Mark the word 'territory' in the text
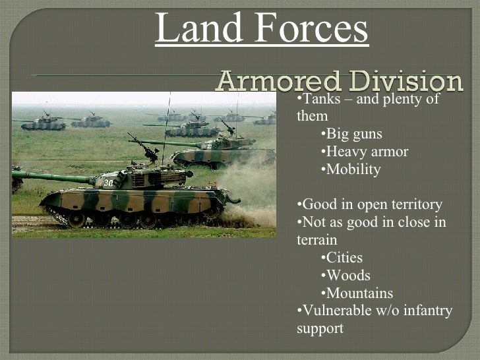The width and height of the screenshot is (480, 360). tap(415, 204)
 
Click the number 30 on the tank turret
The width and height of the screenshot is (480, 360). tap(107, 183)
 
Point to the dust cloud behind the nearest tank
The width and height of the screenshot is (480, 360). tap(254, 198)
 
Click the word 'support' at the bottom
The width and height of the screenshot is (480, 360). tap(320, 328)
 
